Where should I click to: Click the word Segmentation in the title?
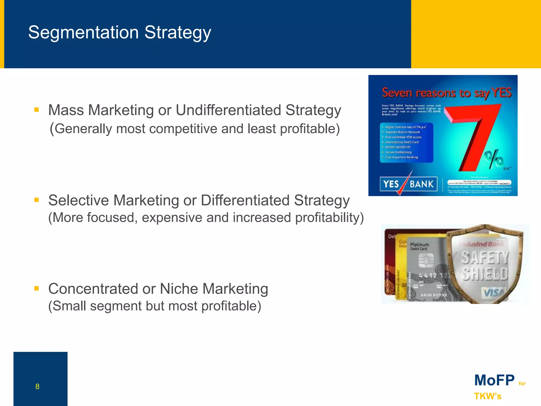pos(83,33)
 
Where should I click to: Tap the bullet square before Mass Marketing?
pos(36,110)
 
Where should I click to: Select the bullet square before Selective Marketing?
pos(36,200)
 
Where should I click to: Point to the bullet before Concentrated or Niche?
pos(36,288)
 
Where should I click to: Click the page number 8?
pos(37,386)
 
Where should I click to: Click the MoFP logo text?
pos(494,380)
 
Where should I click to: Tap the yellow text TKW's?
pos(488,396)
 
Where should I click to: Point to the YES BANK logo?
pos(408,184)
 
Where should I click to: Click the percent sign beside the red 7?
pos(493,159)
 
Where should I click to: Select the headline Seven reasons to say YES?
pos(446,93)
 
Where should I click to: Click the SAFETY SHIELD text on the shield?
pos(485,266)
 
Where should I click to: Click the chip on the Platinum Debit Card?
pos(426,260)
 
